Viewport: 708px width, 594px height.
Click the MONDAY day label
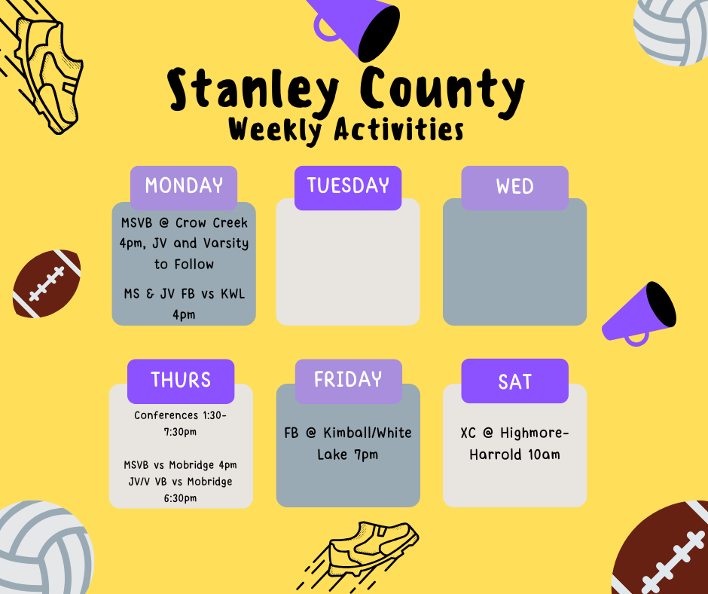184,185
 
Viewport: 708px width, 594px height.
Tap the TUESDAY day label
348,185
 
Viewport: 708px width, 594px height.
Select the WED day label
514,186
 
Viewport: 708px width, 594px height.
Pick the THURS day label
181,380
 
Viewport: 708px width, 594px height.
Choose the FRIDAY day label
348,379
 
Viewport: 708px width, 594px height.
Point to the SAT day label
514,382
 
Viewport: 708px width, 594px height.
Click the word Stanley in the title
253,90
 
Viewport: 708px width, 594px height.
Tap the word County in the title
443,90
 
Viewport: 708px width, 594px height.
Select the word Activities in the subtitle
399,130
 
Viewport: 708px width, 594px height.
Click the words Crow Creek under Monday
212,223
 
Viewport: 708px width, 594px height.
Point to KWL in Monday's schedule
233,294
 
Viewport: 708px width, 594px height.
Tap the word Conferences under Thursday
166,415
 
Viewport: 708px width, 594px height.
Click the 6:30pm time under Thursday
181,498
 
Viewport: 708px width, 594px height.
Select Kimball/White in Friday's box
368,433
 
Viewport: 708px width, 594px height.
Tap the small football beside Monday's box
47,283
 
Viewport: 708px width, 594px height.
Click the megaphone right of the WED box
639,314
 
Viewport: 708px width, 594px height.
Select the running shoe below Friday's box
358,555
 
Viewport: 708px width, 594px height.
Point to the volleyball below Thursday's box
45,547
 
